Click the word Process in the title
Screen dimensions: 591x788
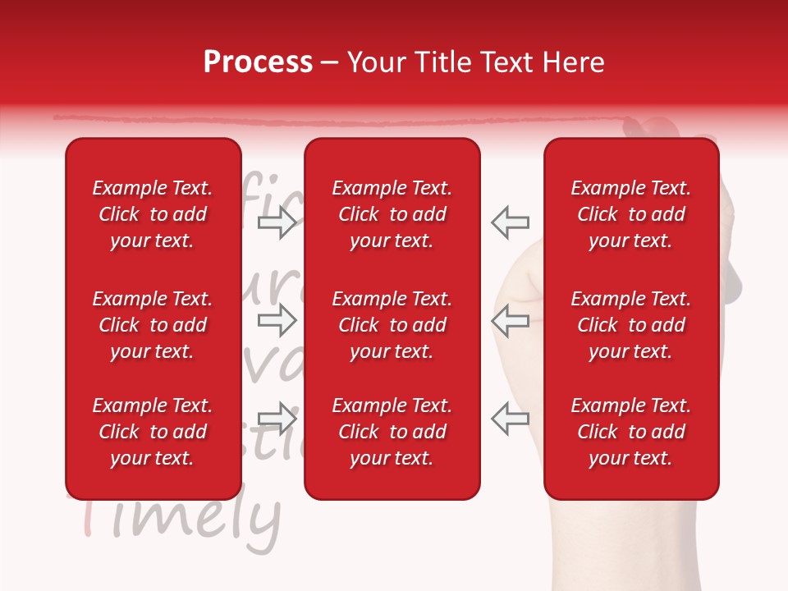tap(258, 62)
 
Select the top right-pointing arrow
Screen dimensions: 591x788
tap(277, 222)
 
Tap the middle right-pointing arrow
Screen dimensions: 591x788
tap(277, 321)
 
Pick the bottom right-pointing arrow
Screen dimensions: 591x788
tap(277, 419)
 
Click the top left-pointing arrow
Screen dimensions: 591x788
tap(511, 222)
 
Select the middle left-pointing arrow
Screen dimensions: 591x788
tap(511, 321)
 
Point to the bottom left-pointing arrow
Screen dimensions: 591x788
tap(511, 419)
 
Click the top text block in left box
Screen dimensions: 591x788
tap(153, 214)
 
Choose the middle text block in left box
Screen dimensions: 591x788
tap(153, 325)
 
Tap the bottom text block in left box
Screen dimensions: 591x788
tap(153, 432)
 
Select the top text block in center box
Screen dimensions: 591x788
tap(392, 214)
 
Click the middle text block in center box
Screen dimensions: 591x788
tap(392, 325)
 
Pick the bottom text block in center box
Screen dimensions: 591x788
tap(392, 432)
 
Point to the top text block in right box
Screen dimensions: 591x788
tap(630, 214)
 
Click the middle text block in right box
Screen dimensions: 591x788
tap(630, 325)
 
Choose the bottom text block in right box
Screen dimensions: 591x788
tap(630, 432)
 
